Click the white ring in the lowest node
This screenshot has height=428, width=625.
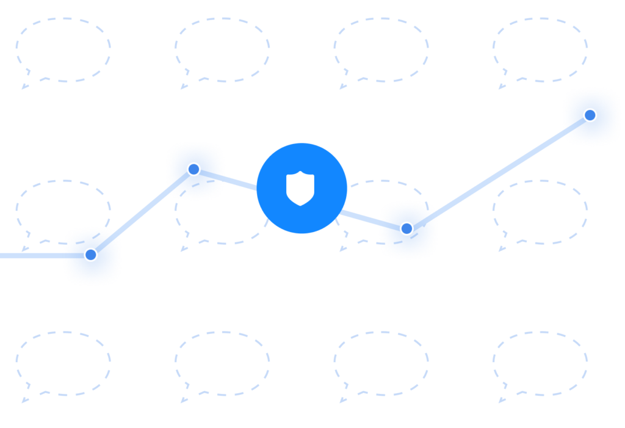(x=90, y=255)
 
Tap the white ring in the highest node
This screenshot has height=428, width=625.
(x=590, y=115)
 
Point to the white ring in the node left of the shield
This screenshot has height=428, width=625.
(x=193, y=169)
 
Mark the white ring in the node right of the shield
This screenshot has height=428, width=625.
(x=406, y=228)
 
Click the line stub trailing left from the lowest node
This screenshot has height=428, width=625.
(x=37, y=255)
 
